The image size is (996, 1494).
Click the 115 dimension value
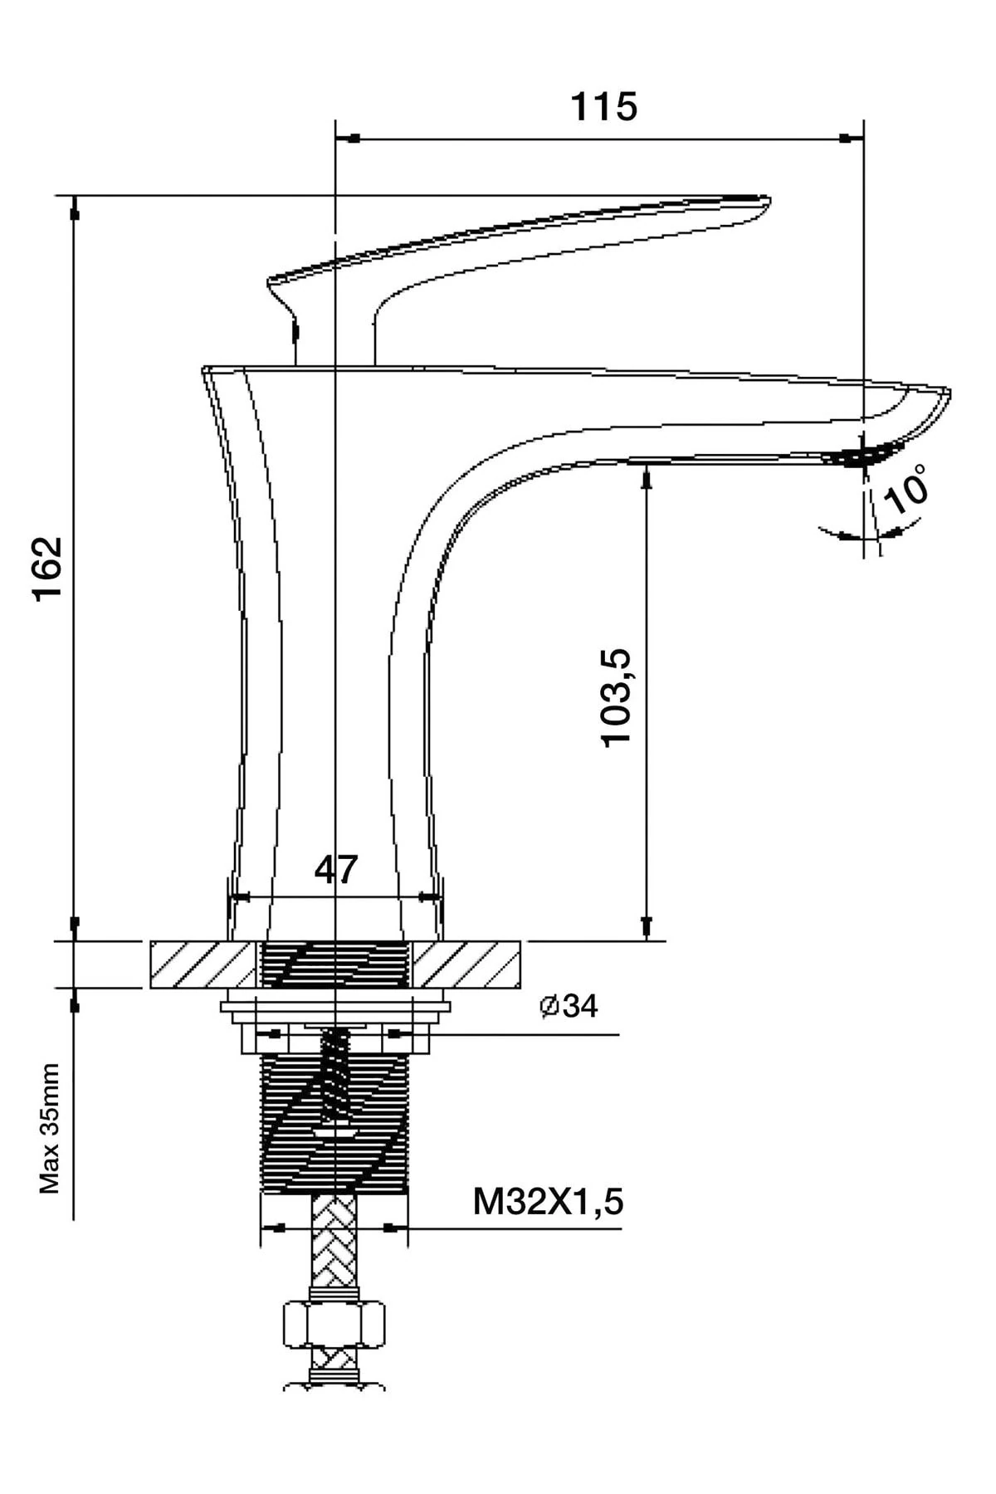pos(603,107)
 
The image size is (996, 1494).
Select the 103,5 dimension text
pos(618,698)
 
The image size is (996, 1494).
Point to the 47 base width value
pos(335,869)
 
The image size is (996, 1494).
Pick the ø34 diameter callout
pos(569,1006)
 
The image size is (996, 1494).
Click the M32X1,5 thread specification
pos(548,1201)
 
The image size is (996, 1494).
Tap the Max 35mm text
pos(50,1128)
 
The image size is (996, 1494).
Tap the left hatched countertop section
pos(202,964)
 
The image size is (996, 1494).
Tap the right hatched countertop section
pos(466,964)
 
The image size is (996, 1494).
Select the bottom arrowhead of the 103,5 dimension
pos(646,926)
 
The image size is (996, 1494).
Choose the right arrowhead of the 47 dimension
pos(428,896)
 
